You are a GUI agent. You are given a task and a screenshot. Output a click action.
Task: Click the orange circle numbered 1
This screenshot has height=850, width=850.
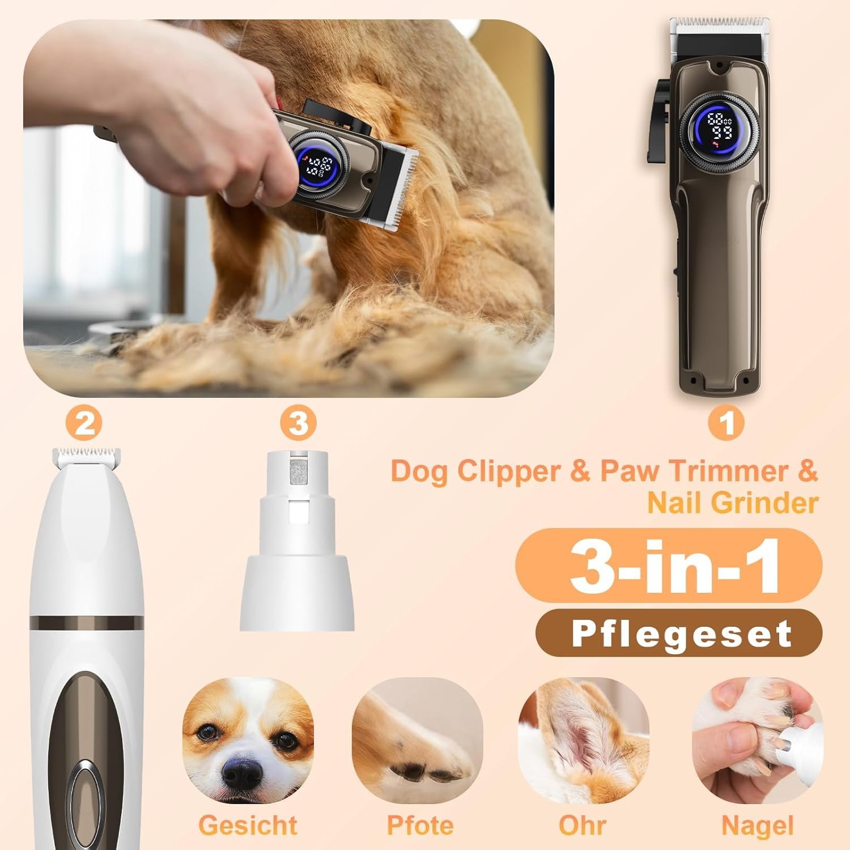[x=726, y=423]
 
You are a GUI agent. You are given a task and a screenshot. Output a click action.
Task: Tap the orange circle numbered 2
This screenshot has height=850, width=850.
[x=85, y=423]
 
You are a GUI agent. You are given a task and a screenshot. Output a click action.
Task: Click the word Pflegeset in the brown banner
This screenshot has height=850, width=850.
[x=682, y=634]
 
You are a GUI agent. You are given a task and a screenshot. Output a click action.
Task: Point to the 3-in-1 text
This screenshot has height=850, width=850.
[x=674, y=566]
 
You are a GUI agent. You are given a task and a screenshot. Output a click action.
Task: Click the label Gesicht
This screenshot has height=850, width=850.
[x=248, y=825]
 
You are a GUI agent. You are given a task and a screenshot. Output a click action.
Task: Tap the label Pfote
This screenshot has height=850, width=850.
[x=420, y=825]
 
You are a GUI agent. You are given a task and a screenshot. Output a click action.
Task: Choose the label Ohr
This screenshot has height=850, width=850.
[x=582, y=825]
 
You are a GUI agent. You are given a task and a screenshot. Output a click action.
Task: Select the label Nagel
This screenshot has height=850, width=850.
[x=757, y=826]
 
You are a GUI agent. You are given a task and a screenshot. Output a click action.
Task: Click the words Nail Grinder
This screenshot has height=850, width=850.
[x=733, y=503]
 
